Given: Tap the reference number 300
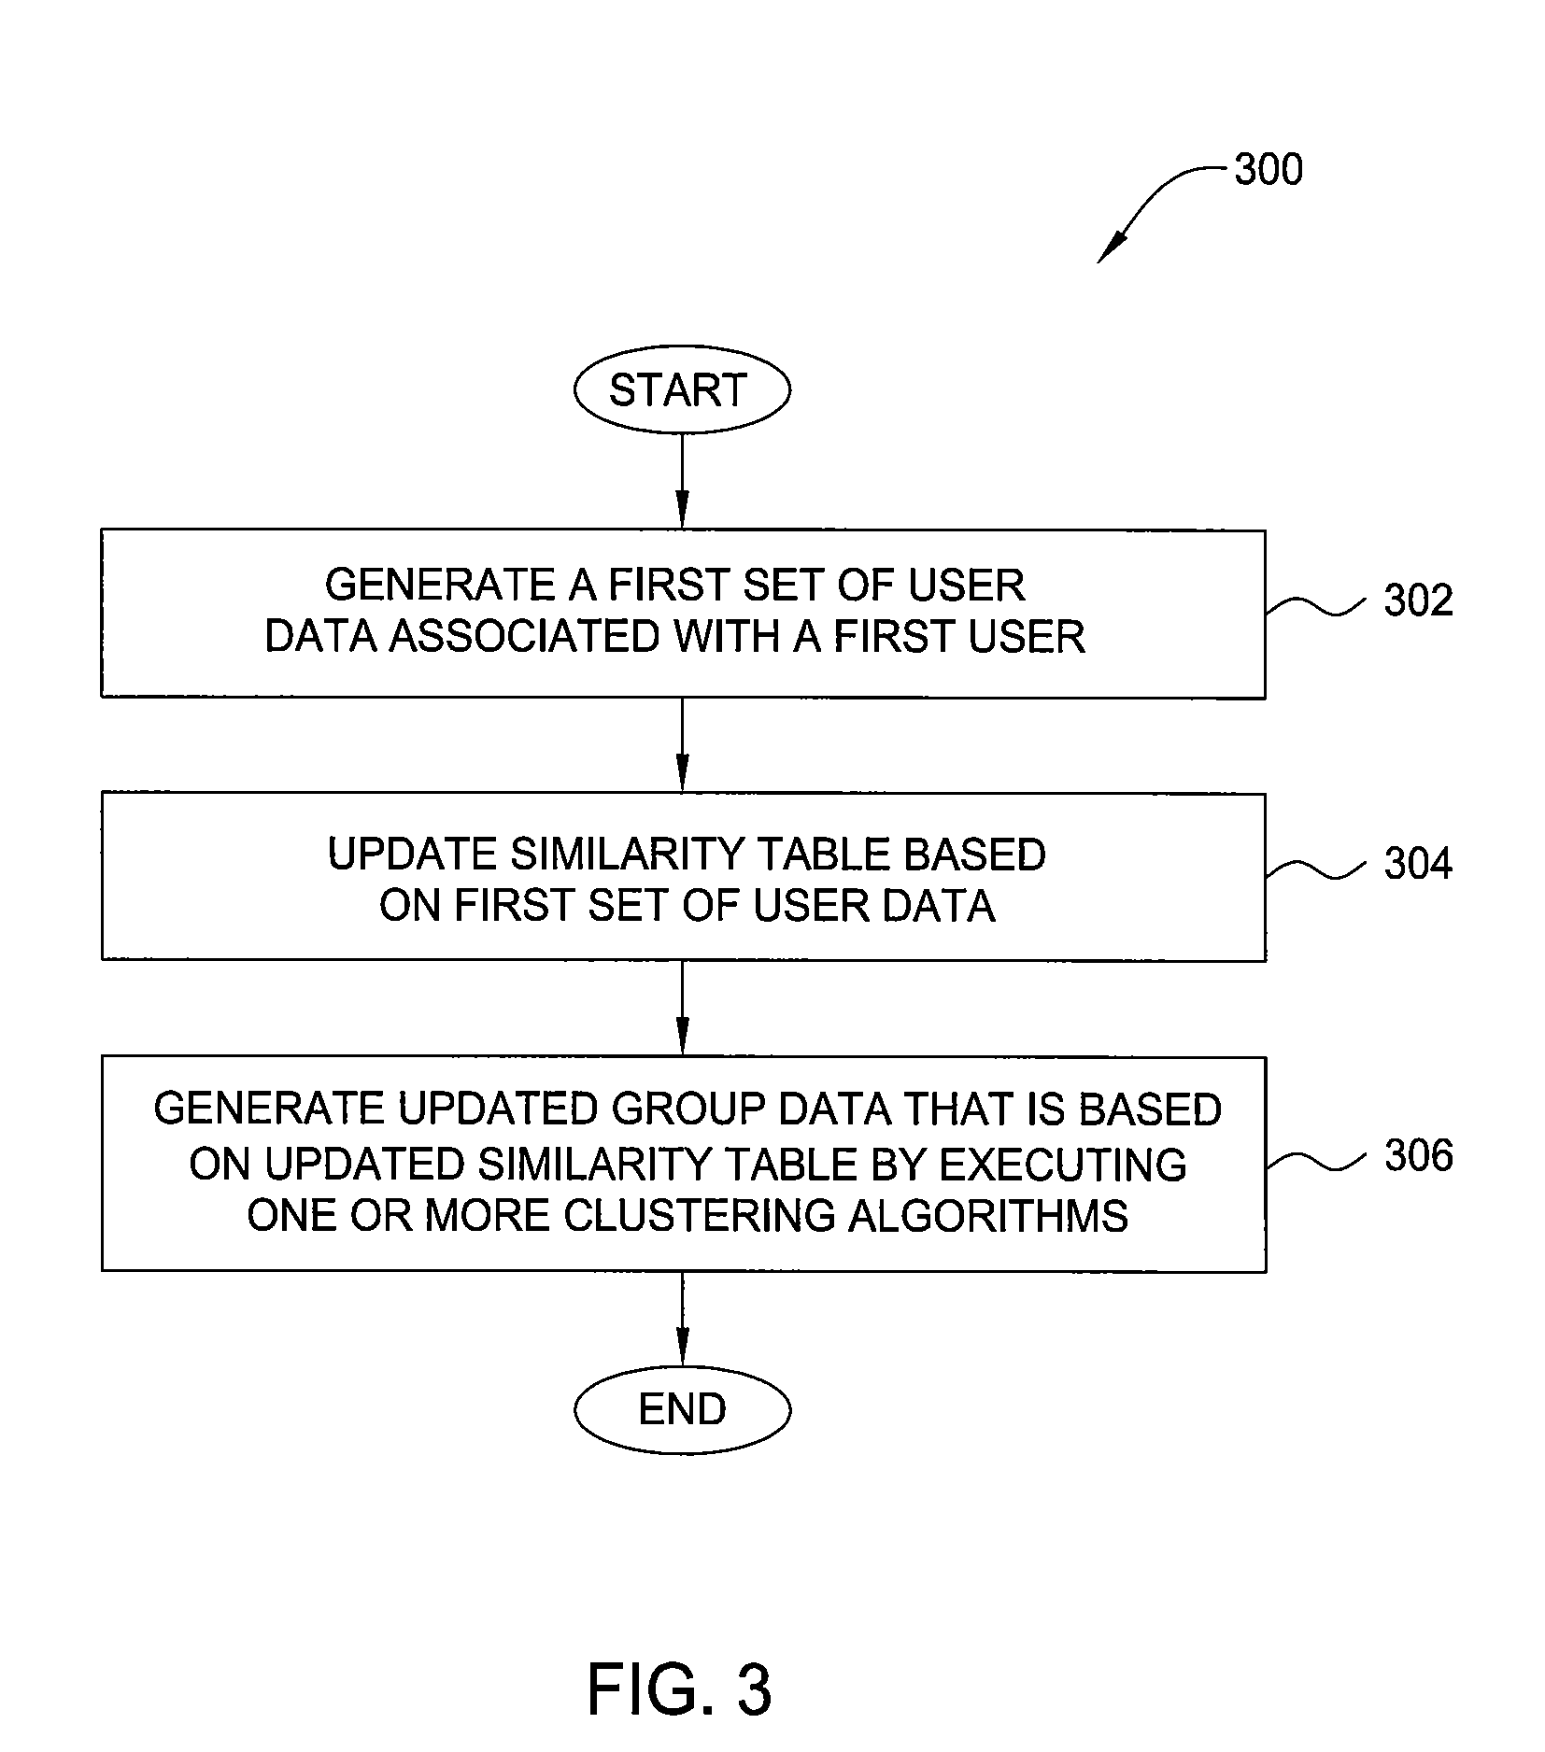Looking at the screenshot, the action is tap(1268, 170).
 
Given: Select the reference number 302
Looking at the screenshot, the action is tap(1418, 600).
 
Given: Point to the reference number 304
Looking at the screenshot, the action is tap(1418, 863).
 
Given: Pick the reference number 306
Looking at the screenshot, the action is tap(1418, 1156).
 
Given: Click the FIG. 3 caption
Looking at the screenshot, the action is tap(679, 1689).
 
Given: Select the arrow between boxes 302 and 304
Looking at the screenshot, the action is tap(682, 745).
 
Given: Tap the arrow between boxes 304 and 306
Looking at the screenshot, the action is tap(682, 1009).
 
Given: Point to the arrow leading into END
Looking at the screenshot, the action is tap(682, 1319).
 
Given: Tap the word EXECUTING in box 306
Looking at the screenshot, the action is tap(1063, 1165).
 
